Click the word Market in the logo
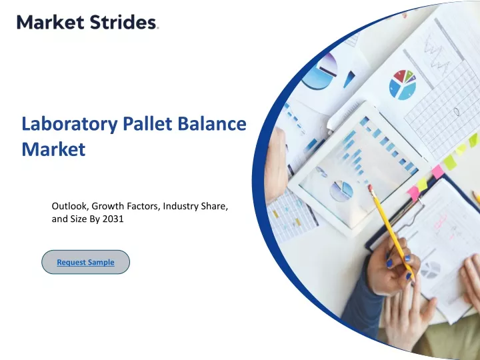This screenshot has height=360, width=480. click(x=51, y=23)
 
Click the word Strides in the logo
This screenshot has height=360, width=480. click(x=123, y=23)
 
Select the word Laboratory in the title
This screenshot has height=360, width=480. click(x=69, y=125)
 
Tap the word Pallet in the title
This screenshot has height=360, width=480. click(x=147, y=123)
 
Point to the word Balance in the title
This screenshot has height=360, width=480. click(x=212, y=123)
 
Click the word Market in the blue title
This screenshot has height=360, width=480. click(x=53, y=149)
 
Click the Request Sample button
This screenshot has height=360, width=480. click(x=86, y=262)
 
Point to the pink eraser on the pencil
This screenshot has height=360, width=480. click(x=371, y=187)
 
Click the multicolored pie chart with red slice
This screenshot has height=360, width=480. click(x=403, y=85)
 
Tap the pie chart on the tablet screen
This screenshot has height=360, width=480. click(x=341, y=191)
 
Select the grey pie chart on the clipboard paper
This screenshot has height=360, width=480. click(x=431, y=270)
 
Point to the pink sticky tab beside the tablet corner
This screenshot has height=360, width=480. click(x=438, y=171)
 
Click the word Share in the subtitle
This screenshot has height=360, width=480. click(x=214, y=206)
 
